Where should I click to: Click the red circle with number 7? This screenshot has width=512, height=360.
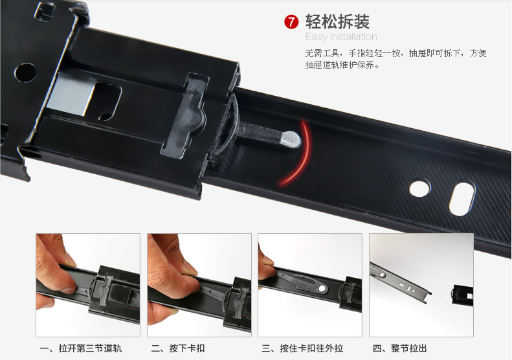[291, 22]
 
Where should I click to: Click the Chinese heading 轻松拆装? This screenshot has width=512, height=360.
[337, 22]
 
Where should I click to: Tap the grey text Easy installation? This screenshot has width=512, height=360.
[341, 37]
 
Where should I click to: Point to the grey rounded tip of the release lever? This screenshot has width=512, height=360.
[291, 139]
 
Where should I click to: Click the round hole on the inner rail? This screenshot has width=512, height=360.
[420, 188]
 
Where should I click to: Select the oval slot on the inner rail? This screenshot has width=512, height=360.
[462, 199]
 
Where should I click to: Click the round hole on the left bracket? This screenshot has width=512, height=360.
[25, 73]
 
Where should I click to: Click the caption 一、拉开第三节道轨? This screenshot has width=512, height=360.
[81, 348]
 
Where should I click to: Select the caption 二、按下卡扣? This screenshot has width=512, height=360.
[178, 348]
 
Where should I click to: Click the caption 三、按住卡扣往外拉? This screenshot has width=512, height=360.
[302, 348]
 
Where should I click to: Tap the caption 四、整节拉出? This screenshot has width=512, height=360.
[399, 348]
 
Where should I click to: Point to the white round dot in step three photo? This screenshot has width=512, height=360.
[322, 289]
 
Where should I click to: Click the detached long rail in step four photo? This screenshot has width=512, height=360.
[400, 283]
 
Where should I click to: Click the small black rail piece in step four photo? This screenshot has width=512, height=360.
[462, 295]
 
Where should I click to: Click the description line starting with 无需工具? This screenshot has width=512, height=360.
[395, 53]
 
